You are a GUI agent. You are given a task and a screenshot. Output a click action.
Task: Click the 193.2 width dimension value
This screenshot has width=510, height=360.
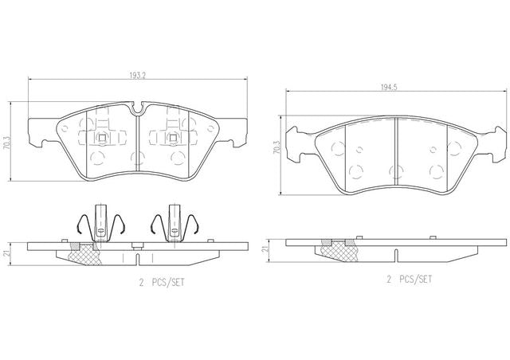pyautogui.click(x=138, y=76)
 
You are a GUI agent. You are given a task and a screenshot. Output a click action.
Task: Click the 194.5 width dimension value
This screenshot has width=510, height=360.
pyautogui.click(x=390, y=88)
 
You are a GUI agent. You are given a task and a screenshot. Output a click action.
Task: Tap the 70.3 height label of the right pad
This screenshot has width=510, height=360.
pyautogui.click(x=277, y=147)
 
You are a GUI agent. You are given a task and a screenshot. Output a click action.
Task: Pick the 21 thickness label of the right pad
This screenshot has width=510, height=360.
pyautogui.click(x=265, y=249)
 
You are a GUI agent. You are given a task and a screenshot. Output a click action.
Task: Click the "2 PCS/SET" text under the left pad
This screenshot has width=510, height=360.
pyautogui.click(x=162, y=282)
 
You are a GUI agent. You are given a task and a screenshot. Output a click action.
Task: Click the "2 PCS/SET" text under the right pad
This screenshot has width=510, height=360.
pyautogui.click(x=409, y=279)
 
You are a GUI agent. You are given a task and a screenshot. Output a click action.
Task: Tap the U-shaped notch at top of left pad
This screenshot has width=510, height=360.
pyautogui.click(x=138, y=108)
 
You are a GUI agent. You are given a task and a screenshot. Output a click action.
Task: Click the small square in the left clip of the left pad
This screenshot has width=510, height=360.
pyautogui.click(x=102, y=138)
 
